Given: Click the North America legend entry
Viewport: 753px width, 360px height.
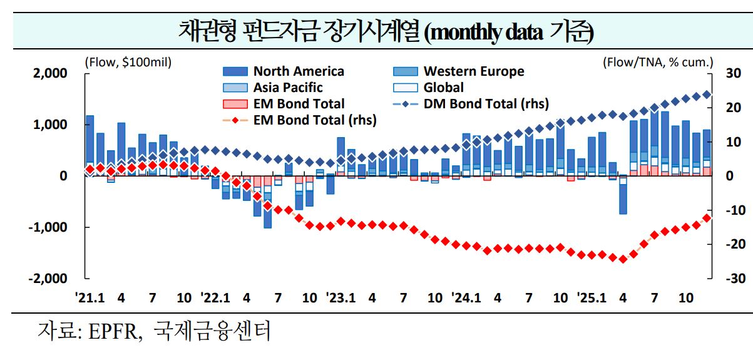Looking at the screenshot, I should click(298, 71).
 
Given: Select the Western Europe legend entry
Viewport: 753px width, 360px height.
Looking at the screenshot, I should click(473, 71).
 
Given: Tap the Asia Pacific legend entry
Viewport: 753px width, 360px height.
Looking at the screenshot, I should click(287, 88).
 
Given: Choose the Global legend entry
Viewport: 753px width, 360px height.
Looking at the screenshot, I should click(443, 88).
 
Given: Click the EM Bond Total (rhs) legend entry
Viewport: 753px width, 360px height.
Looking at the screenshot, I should click(315, 120).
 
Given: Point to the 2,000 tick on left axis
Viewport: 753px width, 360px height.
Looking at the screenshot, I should click(49, 73).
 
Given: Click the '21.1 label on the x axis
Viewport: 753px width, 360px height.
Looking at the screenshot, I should click(90, 298).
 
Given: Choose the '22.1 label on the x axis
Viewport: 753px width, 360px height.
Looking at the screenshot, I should click(215, 298).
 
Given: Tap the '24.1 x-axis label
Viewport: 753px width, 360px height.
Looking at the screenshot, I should click(466, 298).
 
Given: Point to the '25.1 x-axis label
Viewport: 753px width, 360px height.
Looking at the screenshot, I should click(592, 298).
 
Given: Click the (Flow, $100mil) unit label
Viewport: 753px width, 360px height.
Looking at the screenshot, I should click(128, 62).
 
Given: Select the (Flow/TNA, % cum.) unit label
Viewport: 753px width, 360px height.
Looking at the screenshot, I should click(658, 62).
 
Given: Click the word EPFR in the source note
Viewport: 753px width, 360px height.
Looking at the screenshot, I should click(107, 331).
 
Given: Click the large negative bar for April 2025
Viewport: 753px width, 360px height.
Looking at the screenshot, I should click(623, 199).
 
